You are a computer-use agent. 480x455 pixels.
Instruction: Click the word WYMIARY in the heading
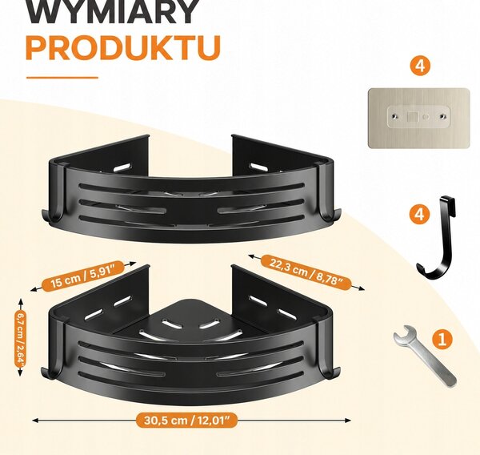113,12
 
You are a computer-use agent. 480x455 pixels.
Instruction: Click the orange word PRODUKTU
123,48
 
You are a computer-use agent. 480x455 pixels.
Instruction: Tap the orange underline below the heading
62,78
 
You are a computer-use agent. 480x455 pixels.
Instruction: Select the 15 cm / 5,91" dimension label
83,276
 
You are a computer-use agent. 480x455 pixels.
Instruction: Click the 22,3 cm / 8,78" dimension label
306,272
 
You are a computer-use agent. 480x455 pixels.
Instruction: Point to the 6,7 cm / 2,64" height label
21,337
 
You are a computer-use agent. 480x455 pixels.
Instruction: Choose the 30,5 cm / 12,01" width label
186,420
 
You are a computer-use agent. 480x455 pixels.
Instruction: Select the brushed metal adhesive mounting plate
418,118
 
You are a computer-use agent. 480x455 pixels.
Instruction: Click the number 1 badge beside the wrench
442,340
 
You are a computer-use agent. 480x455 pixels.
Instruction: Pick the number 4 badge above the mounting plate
420,66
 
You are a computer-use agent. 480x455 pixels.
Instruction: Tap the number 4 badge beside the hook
419,213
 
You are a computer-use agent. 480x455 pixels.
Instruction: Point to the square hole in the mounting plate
412,117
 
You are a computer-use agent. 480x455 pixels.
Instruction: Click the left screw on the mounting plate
395,116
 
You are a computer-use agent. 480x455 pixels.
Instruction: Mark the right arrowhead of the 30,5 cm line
348,421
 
